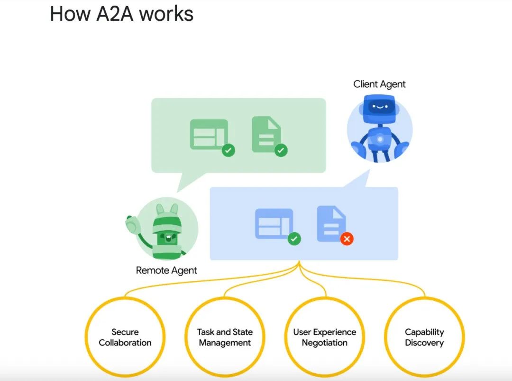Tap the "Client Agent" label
coord(379,84)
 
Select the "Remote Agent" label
coord(166,270)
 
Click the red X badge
coord(347,239)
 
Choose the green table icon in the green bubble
coord(209,134)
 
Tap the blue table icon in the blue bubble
coord(274,223)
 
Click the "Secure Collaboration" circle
coord(125,337)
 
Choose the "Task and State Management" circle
coord(225,337)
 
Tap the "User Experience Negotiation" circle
coord(325,337)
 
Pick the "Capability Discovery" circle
coord(424,337)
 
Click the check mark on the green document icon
coord(281,150)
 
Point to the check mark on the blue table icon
coord(294,239)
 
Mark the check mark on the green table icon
coord(229,151)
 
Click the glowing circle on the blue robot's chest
coord(380,139)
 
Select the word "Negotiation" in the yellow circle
coord(325,343)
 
